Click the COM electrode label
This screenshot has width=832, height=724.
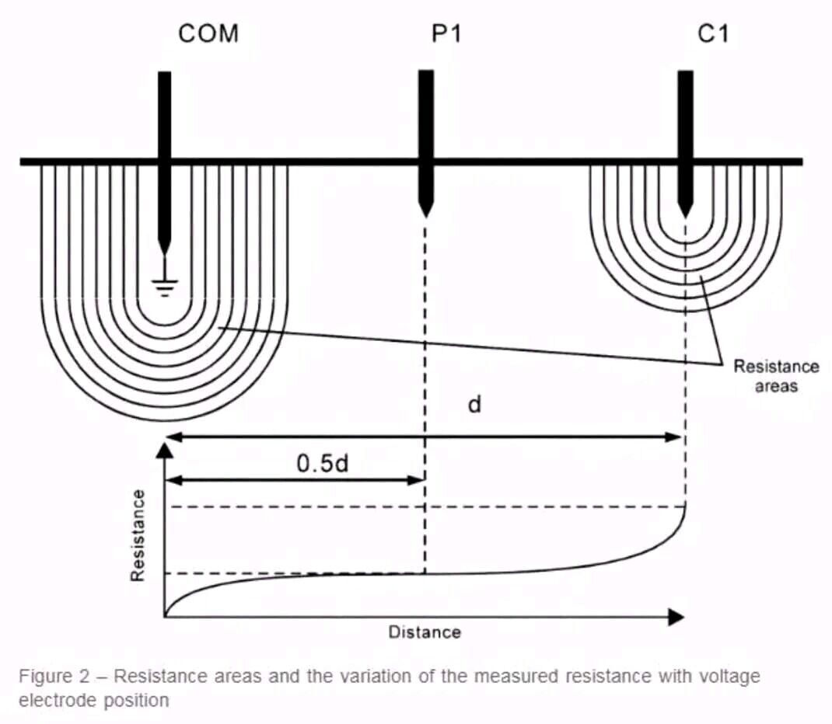click(208, 34)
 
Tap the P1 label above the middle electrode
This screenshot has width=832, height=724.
click(446, 34)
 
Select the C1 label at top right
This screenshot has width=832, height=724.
click(714, 34)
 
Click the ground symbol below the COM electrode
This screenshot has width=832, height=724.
click(164, 287)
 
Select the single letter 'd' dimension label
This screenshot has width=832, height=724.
click(474, 405)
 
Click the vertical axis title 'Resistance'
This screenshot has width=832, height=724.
click(138, 535)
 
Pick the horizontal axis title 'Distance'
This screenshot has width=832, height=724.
click(425, 632)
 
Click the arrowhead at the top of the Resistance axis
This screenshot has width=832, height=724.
click(164, 448)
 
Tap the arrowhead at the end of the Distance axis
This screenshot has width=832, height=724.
click(676, 617)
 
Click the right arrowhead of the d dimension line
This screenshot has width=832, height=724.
click(676, 437)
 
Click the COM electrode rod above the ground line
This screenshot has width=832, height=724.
click(164, 117)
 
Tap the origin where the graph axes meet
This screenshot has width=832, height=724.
click(165, 617)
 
